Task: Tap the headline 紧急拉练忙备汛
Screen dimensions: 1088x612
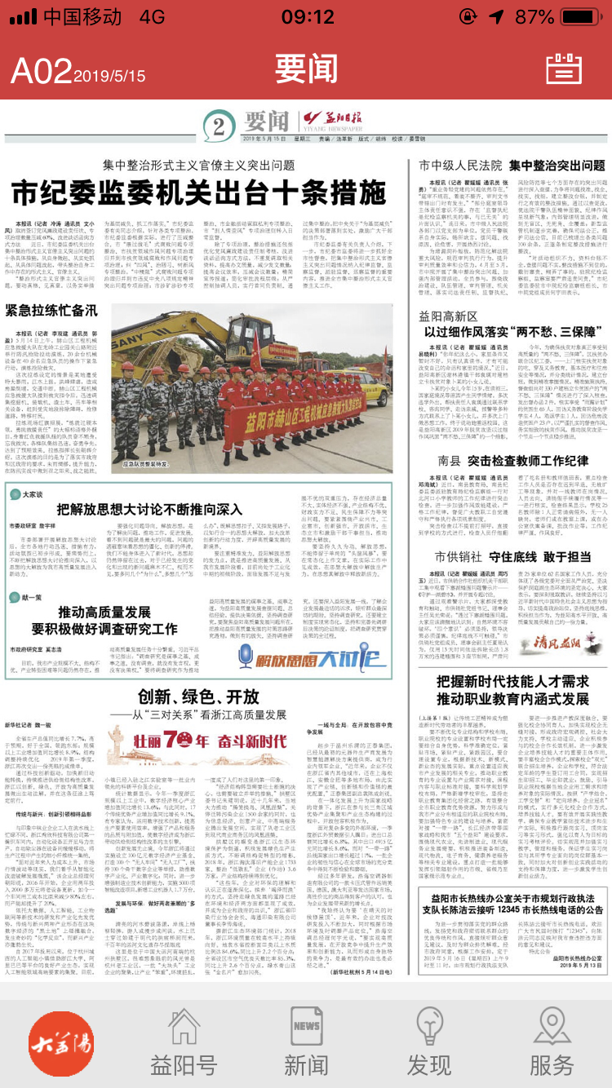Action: click(x=51, y=311)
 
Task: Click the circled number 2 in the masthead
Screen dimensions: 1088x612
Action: click(x=218, y=126)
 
